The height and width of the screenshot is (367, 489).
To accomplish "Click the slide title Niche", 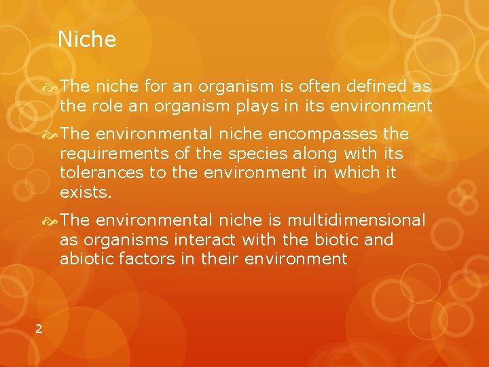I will pyautogui.click(x=87, y=39).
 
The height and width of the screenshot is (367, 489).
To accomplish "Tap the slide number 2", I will pyautogui.click(x=39, y=329).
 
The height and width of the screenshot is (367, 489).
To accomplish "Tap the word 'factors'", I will pyautogui.click(x=149, y=259).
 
